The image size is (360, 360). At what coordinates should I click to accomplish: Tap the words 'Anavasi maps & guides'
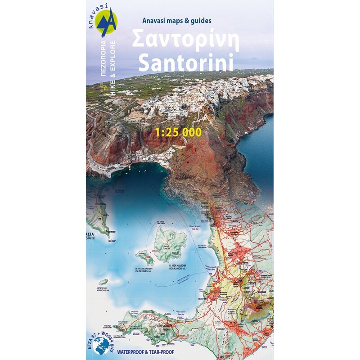177,20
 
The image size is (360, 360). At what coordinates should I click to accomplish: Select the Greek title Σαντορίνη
185,41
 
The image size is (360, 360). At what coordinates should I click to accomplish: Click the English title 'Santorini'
186,63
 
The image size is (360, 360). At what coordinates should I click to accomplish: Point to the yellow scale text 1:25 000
178,132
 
